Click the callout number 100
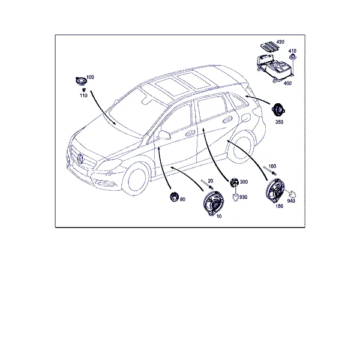click(x=90, y=77)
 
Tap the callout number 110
click(x=83, y=95)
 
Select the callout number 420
click(x=280, y=42)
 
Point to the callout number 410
click(x=292, y=51)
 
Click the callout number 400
click(x=287, y=83)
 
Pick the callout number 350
click(x=279, y=122)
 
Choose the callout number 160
click(x=272, y=166)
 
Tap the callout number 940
click(x=291, y=201)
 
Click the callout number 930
click(x=244, y=197)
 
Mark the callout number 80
click(x=182, y=199)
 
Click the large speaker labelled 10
click(x=213, y=203)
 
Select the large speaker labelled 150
click(x=275, y=191)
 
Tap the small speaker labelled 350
click(x=278, y=110)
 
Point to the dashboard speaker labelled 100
click(x=81, y=81)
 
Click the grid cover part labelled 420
click(x=270, y=47)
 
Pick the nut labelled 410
click(x=292, y=57)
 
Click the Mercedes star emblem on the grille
click(x=80, y=158)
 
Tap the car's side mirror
click(x=164, y=135)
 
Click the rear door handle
click(x=227, y=120)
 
